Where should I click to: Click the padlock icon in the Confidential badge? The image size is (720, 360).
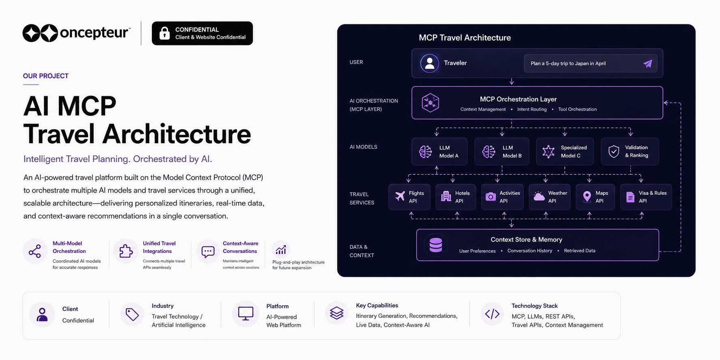tap(164, 33)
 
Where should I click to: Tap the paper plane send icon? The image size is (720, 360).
tap(648, 63)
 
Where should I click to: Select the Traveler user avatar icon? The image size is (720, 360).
tap(429, 63)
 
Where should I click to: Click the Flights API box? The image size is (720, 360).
tap(409, 197)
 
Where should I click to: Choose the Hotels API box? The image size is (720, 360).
tap(456, 197)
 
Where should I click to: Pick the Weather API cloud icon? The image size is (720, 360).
tap(539, 197)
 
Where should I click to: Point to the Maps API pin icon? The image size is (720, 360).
tap(587, 197)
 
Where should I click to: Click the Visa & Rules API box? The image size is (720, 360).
tap(646, 197)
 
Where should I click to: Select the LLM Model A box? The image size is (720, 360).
tap(440, 151)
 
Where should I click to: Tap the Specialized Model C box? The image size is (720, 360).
tap(565, 151)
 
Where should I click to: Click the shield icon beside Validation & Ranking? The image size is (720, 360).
tap(614, 151)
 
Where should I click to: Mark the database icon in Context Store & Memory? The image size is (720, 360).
tap(435, 245)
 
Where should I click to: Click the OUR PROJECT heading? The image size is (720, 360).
tap(46, 76)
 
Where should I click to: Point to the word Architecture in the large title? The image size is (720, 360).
tap(177, 134)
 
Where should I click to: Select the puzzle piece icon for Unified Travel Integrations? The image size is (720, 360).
tap(126, 251)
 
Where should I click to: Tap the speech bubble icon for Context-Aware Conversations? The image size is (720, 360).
tap(208, 252)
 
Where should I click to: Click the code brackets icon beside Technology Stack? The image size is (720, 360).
tap(492, 314)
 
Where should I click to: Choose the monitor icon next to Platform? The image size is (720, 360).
tap(246, 313)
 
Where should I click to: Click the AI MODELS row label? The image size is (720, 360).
tap(363, 147)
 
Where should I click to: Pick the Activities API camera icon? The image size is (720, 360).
tap(491, 197)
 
